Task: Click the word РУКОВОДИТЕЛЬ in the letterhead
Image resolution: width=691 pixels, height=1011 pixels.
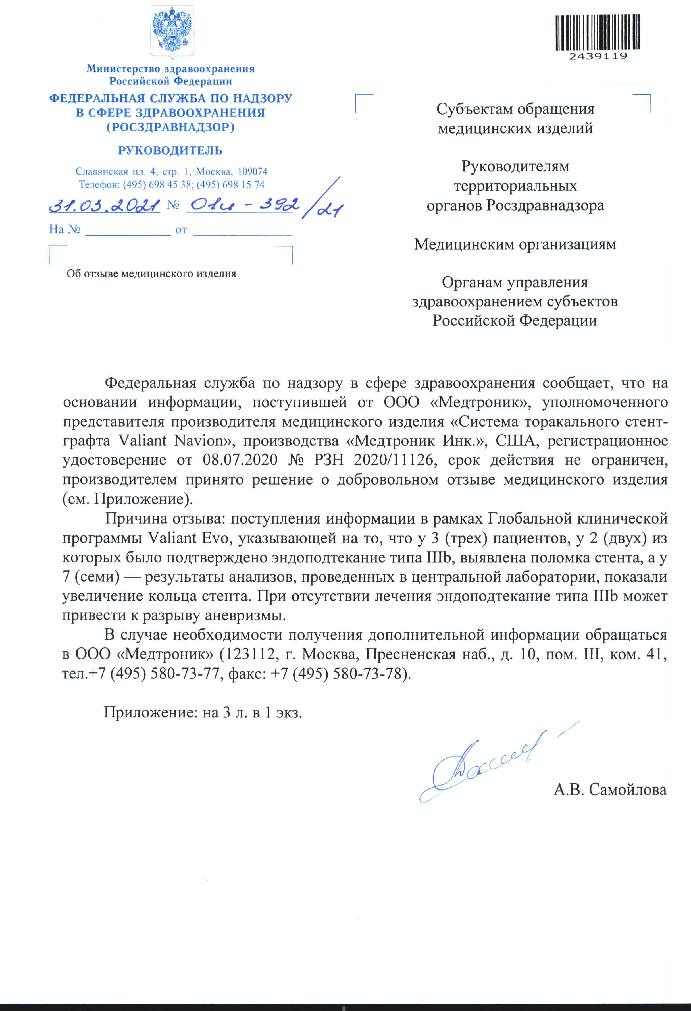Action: point(170,151)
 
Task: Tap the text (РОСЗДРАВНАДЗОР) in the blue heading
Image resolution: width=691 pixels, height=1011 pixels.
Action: point(170,127)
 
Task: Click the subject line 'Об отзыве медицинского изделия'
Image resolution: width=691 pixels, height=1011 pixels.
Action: point(151,274)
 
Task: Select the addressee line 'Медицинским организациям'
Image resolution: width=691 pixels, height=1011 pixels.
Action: point(515,244)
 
